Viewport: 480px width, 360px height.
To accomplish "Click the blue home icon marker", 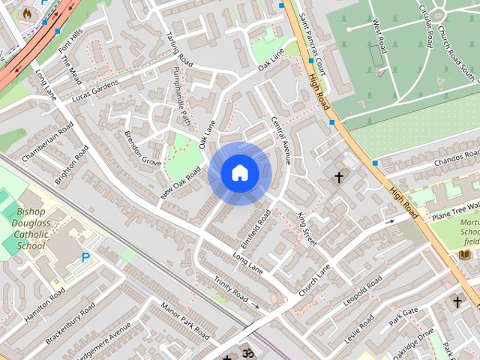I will pos(239,173).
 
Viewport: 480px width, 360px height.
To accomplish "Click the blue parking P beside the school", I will pos(85,257).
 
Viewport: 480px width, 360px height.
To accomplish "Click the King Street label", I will pos(307,229).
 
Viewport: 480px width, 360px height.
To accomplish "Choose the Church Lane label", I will pos(314,279).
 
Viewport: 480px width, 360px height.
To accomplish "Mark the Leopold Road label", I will pos(363,290).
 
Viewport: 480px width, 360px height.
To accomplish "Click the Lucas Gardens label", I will pos(95,91).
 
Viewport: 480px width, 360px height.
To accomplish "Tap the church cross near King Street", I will pos(338,178).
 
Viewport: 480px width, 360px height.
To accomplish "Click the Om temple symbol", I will pos(247,352).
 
